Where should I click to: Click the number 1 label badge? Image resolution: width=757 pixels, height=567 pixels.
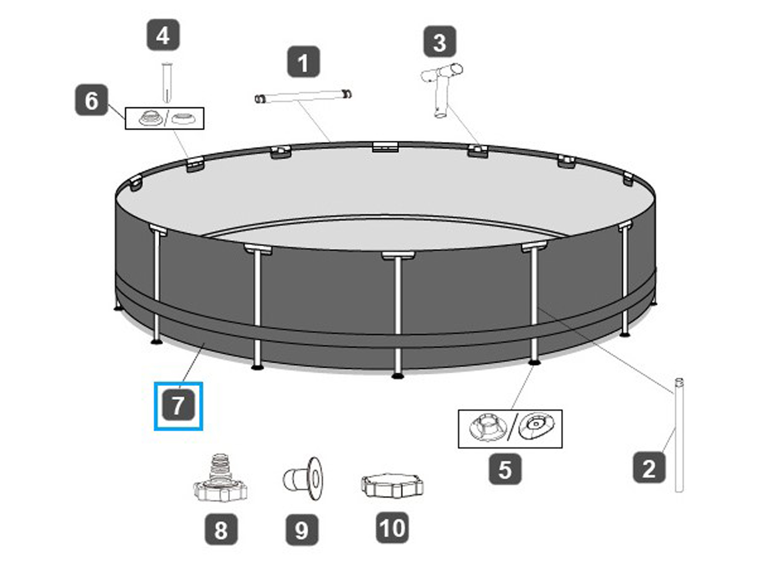[303, 62]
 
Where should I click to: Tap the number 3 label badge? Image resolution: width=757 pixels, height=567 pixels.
[440, 42]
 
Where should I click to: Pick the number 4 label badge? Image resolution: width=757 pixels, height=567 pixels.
[163, 35]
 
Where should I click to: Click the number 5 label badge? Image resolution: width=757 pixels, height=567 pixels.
[505, 469]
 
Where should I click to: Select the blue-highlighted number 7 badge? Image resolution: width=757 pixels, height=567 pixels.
[178, 406]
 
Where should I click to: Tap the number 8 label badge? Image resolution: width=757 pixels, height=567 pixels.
[221, 529]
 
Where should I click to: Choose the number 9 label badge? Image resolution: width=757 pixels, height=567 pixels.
[302, 530]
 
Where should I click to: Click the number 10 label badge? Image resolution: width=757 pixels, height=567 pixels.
[392, 527]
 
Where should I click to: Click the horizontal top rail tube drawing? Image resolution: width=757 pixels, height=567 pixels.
[303, 96]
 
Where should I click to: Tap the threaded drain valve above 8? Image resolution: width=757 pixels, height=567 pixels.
[220, 478]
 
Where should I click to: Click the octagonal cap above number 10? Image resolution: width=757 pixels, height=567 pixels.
[392, 485]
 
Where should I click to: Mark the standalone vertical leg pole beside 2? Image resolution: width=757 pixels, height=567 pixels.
[679, 435]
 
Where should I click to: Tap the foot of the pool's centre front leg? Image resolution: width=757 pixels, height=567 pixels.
[398, 375]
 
